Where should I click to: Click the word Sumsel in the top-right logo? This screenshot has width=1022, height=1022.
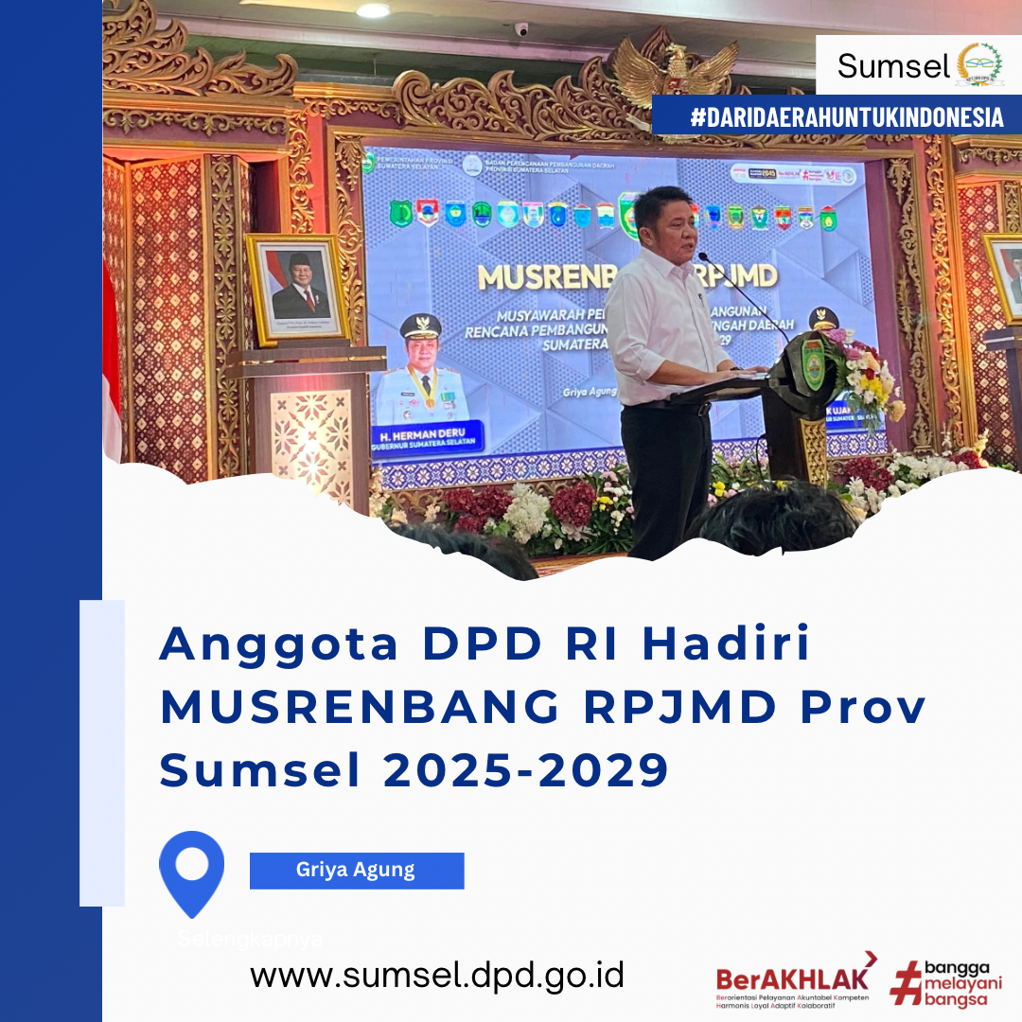[892, 66]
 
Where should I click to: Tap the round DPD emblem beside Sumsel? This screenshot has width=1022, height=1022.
[978, 64]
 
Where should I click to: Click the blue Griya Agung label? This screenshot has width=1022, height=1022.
[357, 871]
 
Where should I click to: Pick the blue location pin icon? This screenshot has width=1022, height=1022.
[192, 872]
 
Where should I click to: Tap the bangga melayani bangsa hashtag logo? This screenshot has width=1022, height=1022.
[946, 983]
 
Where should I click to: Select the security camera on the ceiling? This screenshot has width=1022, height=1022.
[521, 29]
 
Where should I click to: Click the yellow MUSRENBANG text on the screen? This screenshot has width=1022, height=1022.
[539, 276]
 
